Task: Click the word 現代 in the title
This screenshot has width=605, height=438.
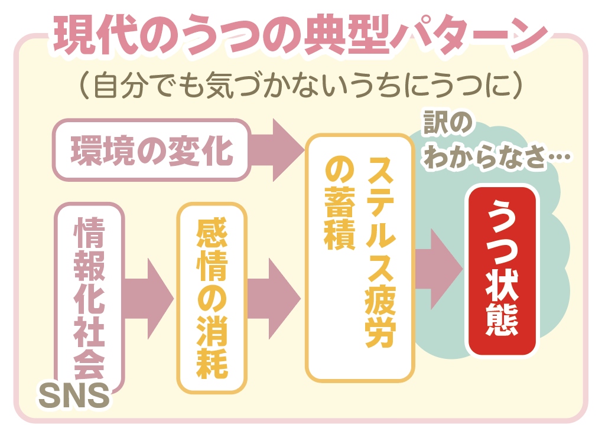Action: (x=95, y=35)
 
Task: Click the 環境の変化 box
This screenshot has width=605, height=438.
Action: (x=152, y=150)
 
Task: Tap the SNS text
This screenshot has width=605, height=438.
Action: (x=74, y=395)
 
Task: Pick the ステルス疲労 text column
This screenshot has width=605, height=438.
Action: (x=380, y=252)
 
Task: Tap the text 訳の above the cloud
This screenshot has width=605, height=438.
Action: (x=448, y=123)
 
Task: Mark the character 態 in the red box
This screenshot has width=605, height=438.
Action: (x=502, y=319)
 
